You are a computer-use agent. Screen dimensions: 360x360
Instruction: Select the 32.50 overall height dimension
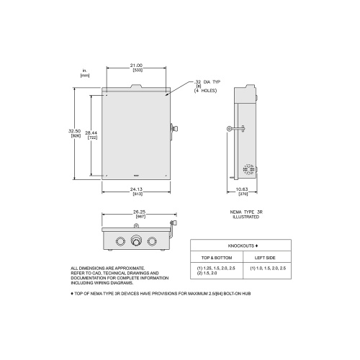(74, 131)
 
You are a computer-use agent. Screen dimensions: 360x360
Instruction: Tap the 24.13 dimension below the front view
(136, 189)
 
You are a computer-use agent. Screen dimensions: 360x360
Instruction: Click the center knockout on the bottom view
(135, 241)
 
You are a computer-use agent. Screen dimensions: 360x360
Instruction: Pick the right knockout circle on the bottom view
(151, 241)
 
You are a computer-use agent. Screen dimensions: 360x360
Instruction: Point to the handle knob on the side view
(228, 130)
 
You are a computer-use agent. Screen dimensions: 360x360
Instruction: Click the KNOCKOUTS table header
(241, 245)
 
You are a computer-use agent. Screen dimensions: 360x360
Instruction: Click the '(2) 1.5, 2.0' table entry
(210, 273)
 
